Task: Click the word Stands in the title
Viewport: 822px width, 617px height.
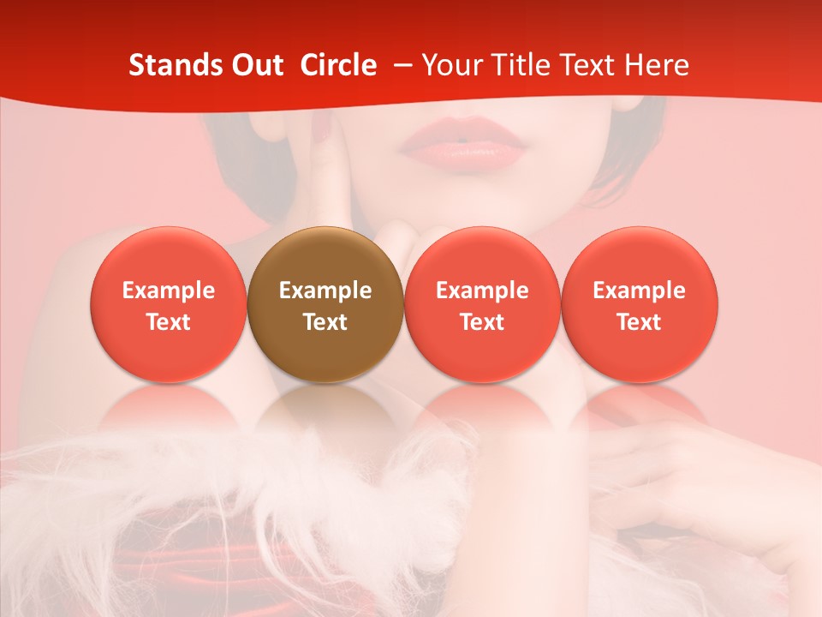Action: pos(176,65)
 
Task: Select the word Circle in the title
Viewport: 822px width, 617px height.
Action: pos(338,65)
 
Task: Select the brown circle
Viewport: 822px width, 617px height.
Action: pos(325,304)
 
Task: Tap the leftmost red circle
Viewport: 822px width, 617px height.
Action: pos(169,304)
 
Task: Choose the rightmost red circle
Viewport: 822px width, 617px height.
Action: pos(640,304)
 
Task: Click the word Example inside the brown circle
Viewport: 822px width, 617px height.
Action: pos(325,291)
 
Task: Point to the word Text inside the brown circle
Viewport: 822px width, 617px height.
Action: pos(325,322)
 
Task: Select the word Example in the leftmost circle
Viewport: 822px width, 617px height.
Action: pos(169,291)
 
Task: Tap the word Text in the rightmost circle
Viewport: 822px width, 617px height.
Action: pos(640,322)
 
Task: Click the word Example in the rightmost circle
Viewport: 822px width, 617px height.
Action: pos(640,291)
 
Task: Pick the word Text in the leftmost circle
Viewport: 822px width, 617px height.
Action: pos(169,322)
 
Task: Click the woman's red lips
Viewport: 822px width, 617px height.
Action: pos(462,144)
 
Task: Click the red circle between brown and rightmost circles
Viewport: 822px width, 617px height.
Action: pos(482,304)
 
